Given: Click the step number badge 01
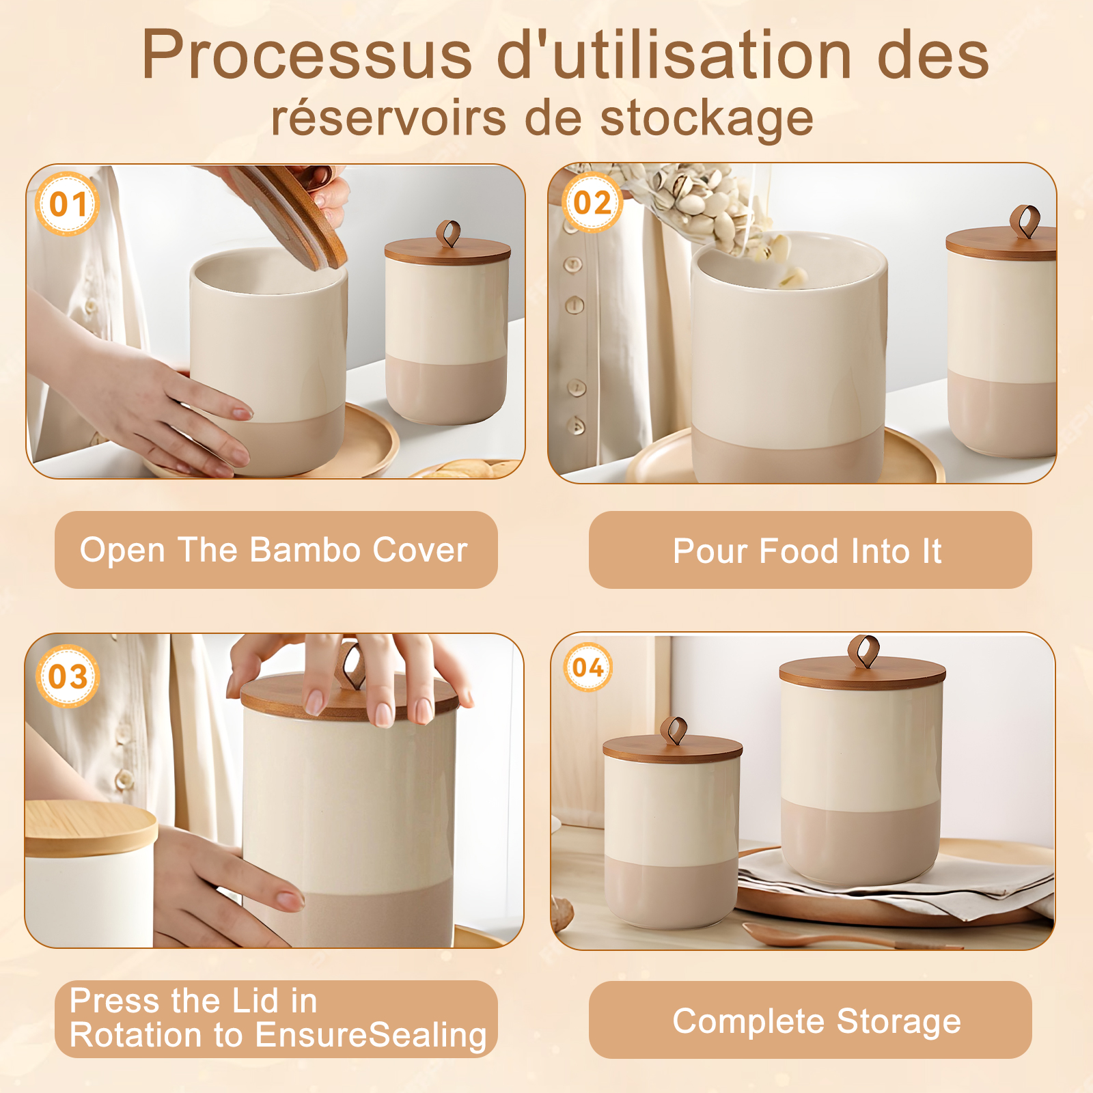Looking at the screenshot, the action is [x=68, y=204].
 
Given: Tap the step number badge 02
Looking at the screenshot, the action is [x=592, y=202].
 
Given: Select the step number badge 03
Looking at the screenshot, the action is [x=68, y=676].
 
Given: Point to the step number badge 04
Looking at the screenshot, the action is [x=588, y=667].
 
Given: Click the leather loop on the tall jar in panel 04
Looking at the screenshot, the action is [x=863, y=652].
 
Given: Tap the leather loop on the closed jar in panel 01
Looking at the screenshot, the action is [x=448, y=234].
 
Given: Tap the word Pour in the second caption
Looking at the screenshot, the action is [x=710, y=551].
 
